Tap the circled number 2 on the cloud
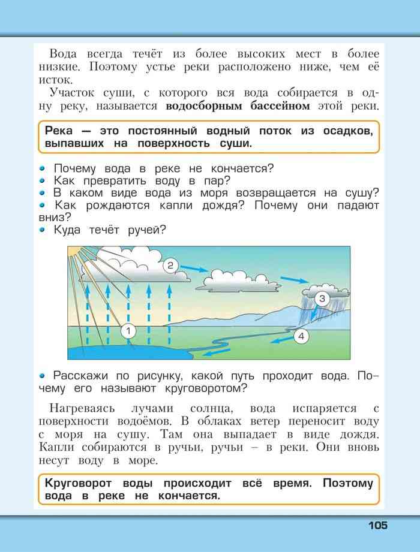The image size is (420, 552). (170, 265)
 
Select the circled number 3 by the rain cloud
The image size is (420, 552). (322, 298)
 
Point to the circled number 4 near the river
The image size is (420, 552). (301, 336)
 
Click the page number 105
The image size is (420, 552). (378, 526)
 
